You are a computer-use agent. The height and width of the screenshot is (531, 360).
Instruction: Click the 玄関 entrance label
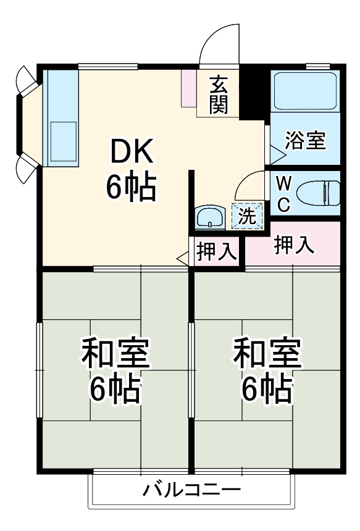(x=218, y=94)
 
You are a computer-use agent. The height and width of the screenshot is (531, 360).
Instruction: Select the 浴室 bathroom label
(x=304, y=141)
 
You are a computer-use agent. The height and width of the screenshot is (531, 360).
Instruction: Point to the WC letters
(x=283, y=194)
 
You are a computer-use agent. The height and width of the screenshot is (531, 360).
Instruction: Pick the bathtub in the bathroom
(x=304, y=92)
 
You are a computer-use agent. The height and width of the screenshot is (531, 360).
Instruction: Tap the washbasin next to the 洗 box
(x=211, y=217)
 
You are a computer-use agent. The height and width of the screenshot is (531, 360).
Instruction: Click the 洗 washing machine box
(x=247, y=215)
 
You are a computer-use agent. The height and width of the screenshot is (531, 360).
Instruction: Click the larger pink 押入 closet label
(x=293, y=245)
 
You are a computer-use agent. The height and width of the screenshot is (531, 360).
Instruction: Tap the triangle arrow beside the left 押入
(x=183, y=259)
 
